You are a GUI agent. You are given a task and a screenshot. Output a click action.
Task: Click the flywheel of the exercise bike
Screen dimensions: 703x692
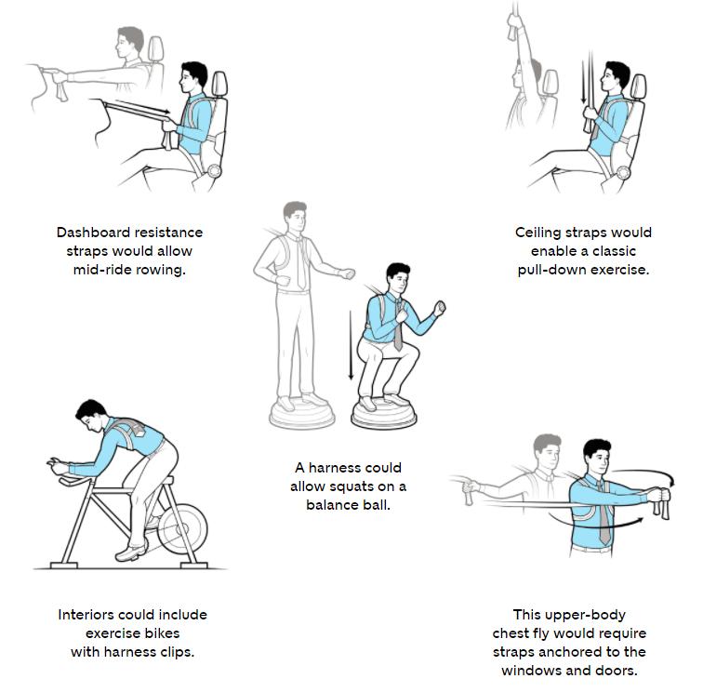(x=182, y=529)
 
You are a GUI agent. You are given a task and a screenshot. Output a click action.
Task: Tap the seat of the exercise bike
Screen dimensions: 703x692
(x=167, y=479)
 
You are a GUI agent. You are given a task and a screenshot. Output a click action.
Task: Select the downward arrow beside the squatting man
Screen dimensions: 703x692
(x=351, y=345)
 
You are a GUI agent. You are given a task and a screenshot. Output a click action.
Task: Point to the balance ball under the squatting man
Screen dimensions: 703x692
(x=384, y=414)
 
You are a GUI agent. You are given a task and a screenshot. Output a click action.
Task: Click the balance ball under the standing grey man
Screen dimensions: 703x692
(x=302, y=414)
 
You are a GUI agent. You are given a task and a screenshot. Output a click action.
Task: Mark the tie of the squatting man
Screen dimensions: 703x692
(x=398, y=326)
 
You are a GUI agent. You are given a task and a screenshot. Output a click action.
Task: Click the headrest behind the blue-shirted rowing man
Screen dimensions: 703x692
(x=219, y=84)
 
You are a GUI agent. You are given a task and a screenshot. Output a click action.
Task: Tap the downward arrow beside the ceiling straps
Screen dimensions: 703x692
(x=583, y=82)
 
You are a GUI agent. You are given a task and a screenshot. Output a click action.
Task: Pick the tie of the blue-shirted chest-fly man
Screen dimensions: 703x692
(x=604, y=513)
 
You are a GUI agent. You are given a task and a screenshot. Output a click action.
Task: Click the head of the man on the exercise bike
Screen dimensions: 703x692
(x=90, y=415)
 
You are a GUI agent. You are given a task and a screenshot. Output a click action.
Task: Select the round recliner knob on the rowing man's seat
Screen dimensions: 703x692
(x=214, y=171)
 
